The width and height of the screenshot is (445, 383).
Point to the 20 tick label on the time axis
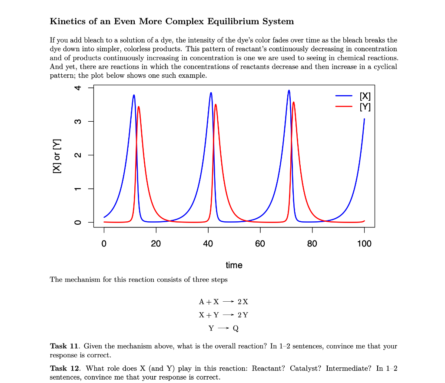click(156, 244)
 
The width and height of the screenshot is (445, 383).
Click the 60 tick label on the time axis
click(260, 244)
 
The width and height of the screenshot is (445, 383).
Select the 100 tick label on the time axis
click(364, 244)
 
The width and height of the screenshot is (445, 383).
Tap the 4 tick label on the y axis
click(78, 88)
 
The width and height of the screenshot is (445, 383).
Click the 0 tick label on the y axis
click(78, 223)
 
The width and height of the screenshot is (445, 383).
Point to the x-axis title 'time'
click(234, 265)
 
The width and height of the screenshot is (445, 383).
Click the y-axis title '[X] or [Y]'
click(56, 156)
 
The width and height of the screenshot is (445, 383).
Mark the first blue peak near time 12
click(134, 95)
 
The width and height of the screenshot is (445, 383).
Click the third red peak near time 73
click(294, 102)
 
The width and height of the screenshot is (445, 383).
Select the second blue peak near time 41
click(211, 93)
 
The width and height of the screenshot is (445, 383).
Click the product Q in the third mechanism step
click(236, 328)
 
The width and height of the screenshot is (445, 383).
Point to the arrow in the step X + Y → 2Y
click(229, 315)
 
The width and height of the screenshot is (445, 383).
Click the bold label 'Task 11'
click(64, 346)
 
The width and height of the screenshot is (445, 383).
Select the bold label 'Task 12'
click(64, 368)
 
